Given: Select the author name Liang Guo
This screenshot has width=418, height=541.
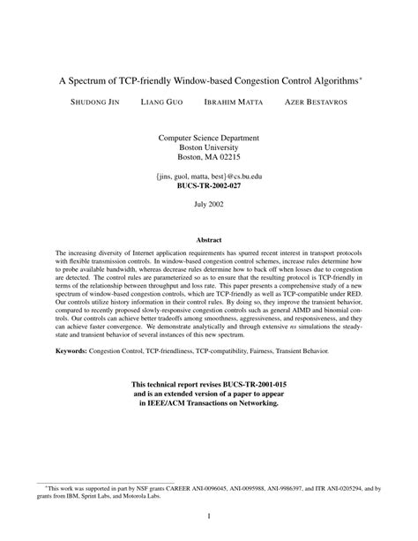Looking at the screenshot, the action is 162,102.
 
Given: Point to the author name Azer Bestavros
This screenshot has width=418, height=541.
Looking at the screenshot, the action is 314,102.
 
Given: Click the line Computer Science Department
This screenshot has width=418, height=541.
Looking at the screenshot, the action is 208,139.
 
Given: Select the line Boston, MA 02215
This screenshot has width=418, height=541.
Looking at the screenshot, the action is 208,158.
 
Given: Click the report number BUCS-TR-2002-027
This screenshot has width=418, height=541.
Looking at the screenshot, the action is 208,187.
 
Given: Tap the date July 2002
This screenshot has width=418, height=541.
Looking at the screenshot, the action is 208,204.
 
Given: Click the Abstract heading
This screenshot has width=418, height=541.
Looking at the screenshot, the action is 208,238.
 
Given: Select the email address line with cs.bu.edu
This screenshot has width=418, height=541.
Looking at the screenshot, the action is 208,177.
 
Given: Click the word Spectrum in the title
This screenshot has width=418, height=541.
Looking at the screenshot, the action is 93,79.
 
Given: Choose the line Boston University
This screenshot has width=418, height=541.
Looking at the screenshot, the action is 208,148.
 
